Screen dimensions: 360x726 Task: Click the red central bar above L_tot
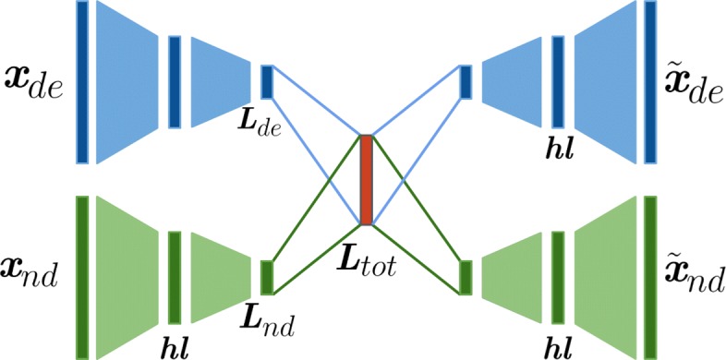(x=366, y=180)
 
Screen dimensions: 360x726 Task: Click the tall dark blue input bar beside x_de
(x=82, y=82)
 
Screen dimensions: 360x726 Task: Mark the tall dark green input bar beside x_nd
(x=82, y=277)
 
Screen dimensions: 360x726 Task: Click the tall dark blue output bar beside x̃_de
(x=650, y=82)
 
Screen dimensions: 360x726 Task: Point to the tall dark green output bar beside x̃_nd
(x=650, y=277)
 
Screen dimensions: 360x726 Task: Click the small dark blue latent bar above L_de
(x=267, y=82)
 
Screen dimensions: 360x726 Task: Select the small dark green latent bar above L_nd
(x=267, y=277)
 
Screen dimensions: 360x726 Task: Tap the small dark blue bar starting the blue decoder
(x=466, y=82)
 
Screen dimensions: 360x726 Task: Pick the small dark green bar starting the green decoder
(x=466, y=277)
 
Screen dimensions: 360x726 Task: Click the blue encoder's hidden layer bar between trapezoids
(x=175, y=82)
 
